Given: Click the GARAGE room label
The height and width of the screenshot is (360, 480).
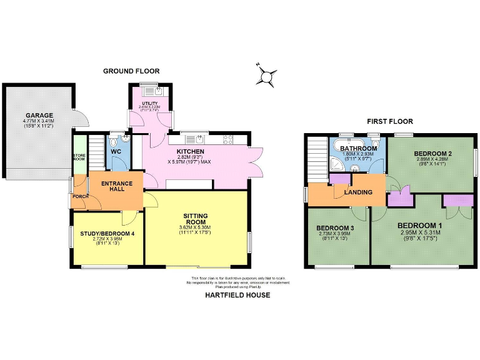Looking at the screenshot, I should click(39, 115).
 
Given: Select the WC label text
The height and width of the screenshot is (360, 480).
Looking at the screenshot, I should click(116, 151).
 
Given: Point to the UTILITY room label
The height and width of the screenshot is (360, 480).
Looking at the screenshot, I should click(149, 102).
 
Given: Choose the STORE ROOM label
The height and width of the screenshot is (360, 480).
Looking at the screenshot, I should click(79, 157).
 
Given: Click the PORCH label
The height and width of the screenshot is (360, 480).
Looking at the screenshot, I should click(80, 196).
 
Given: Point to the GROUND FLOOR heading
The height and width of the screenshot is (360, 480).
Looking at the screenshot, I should click(131, 72).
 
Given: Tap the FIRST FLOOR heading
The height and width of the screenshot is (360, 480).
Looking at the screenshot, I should click(390, 121).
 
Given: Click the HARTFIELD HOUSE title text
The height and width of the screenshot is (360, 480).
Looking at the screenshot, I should click(237, 295).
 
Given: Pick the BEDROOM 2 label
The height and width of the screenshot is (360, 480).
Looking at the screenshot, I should click(432, 154).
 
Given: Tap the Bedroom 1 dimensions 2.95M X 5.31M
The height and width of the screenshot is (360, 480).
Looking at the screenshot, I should click(421, 232).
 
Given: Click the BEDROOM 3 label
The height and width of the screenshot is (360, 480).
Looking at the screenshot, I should click(335, 228).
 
